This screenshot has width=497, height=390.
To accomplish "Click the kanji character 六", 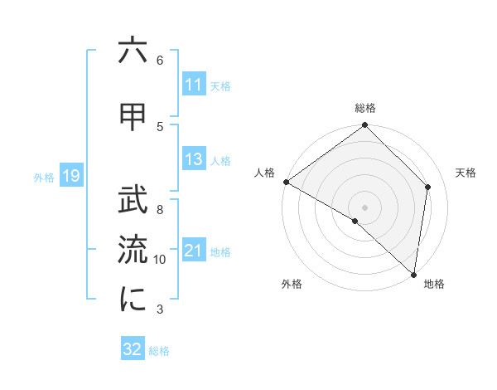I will [133, 51].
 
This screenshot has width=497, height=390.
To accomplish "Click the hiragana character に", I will [133, 300].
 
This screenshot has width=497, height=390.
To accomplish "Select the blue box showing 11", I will [194, 85].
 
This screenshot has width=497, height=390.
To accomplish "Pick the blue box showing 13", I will [194, 159].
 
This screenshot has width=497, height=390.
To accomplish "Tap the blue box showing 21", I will [194, 251].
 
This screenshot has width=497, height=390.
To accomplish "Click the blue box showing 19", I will [71, 176].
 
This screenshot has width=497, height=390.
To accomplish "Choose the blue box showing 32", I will [133, 349].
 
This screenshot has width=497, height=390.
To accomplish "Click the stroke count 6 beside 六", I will [160, 61].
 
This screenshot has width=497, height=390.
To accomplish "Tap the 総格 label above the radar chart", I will [365, 108].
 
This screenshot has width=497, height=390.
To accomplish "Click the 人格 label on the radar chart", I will [264, 173].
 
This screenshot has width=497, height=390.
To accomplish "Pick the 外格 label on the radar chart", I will [292, 284].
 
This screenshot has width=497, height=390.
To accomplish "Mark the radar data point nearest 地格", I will [413, 273].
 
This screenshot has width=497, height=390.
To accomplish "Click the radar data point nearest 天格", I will [428, 187].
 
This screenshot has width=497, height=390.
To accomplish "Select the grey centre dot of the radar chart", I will [364, 207].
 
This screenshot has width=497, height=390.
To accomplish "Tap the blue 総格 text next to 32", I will [159, 351].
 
